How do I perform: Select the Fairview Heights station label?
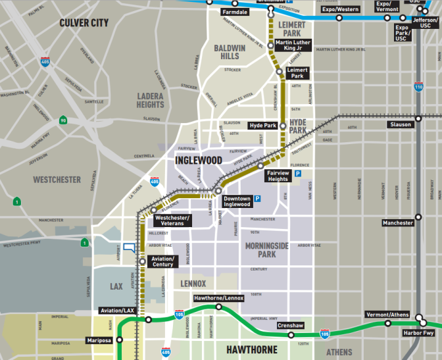(x=278, y=176)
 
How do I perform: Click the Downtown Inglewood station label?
(x=236, y=201)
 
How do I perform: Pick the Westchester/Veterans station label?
(x=172, y=220)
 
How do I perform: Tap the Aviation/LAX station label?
(x=118, y=310)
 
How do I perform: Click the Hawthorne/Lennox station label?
(x=218, y=298)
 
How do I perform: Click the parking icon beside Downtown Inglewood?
(x=258, y=197)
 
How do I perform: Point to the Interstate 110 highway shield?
(x=418, y=86)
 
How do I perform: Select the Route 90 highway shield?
(x=63, y=120)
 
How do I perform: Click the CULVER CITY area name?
(x=84, y=23)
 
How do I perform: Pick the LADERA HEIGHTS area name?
(x=150, y=100)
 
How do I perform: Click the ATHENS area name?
(x=339, y=351)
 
